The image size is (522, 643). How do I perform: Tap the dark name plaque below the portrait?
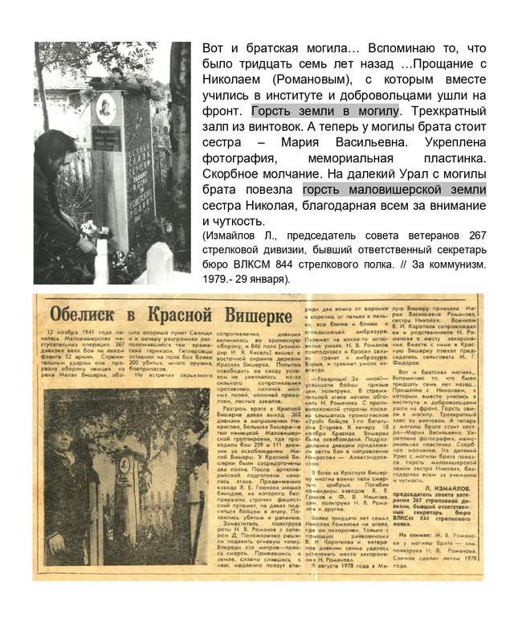point(102,141)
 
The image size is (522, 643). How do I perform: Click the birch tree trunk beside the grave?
point(179,161)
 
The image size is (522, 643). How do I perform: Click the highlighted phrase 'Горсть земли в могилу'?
point(325,111)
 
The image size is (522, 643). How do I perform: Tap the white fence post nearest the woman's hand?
point(102,261)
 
